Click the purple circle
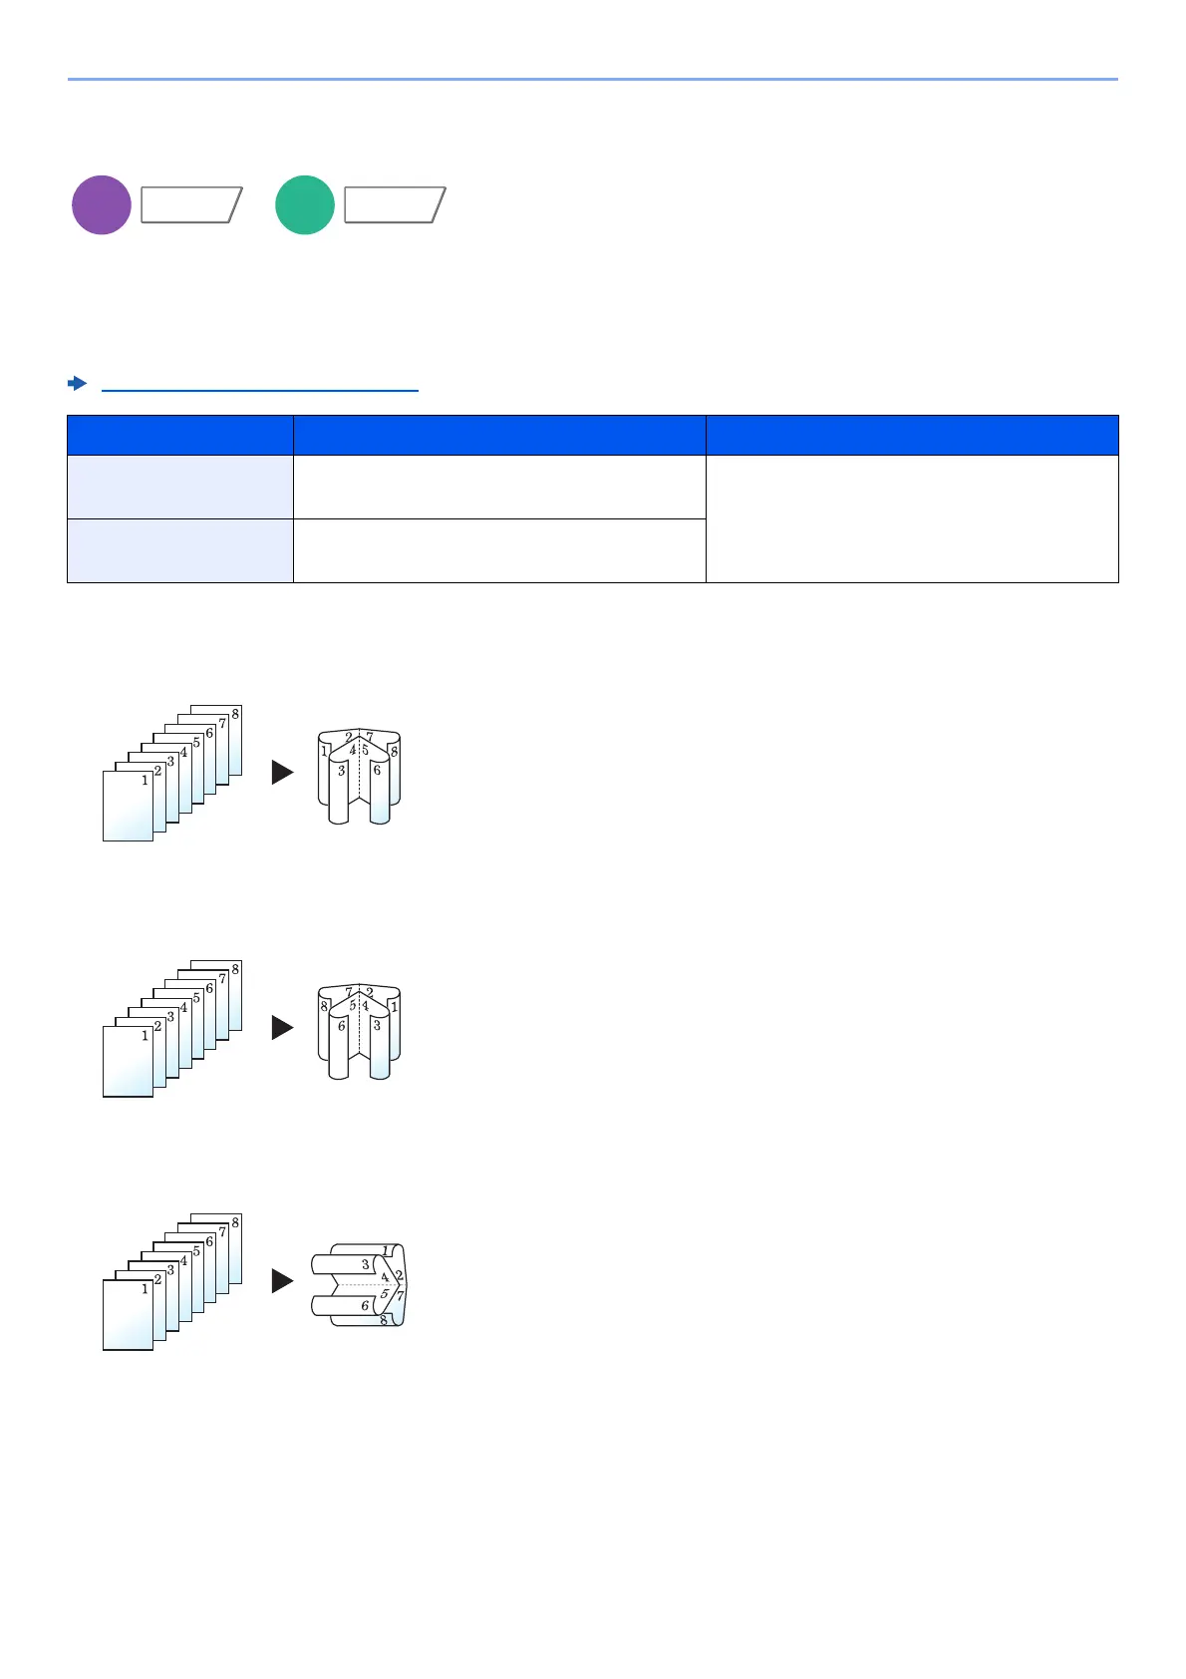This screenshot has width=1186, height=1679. pyautogui.click(x=102, y=205)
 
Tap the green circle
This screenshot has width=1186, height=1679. pyautogui.click(x=305, y=205)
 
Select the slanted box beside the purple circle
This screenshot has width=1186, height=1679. pyautogui.click(x=191, y=205)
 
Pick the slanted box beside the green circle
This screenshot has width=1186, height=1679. pyautogui.click(x=395, y=205)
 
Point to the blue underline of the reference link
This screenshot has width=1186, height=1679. pyautogui.click(x=260, y=391)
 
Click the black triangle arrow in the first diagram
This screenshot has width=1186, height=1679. pyautogui.click(x=283, y=772)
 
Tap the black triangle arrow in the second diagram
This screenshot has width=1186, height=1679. pyautogui.click(x=283, y=1027)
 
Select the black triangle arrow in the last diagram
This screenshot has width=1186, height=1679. pyautogui.click(x=283, y=1281)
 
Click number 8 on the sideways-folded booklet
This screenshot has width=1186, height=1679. pyautogui.click(x=384, y=1320)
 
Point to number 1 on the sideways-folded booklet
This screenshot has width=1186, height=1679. pyautogui.click(x=387, y=1251)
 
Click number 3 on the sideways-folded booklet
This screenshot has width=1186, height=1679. pyautogui.click(x=366, y=1264)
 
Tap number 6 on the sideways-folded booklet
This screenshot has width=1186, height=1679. pyautogui.click(x=366, y=1305)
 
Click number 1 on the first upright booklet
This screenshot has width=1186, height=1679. pyautogui.click(x=325, y=751)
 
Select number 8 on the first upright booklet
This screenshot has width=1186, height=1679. pyautogui.click(x=394, y=751)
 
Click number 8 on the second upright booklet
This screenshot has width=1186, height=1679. pyautogui.click(x=325, y=1007)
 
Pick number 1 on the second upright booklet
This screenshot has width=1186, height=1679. pyautogui.click(x=394, y=1007)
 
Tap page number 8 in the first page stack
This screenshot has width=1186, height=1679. pyautogui.click(x=235, y=714)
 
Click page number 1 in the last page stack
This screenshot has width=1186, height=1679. pyautogui.click(x=145, y=1289)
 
